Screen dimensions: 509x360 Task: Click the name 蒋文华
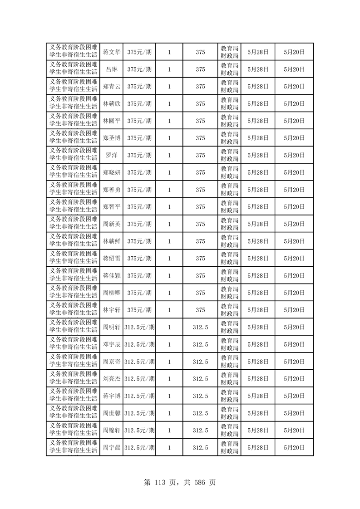tap(111, 52)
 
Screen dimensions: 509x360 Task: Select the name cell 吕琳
tap(111, 69)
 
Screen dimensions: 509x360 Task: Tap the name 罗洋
tap(111, 155)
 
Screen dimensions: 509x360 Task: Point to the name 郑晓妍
tap(111, 172)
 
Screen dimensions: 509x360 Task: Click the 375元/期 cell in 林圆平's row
tap(139, 121)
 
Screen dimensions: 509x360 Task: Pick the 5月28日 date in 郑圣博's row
tap(258, 138)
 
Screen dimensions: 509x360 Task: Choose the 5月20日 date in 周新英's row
tap(294, 224)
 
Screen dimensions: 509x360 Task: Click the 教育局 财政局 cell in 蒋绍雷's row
tap(229, 258)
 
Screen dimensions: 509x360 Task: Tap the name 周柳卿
tap(111, 293)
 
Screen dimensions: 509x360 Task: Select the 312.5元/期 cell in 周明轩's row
tap(139, 327)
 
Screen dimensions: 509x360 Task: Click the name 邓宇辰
tap(111, 344)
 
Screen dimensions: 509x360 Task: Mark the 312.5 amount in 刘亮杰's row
tap(200, 379)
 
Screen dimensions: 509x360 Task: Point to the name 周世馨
tap(111, 413)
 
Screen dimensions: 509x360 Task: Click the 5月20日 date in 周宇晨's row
tap(294, 447)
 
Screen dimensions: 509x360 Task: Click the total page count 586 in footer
tap(197, 482)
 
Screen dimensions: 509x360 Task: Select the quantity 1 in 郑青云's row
tap(169, 87)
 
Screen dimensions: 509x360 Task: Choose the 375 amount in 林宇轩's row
tap(200, 310)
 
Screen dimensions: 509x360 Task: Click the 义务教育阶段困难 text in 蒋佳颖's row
tap(73, 271)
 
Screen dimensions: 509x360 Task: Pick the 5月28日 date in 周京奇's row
tap(258, 362)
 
